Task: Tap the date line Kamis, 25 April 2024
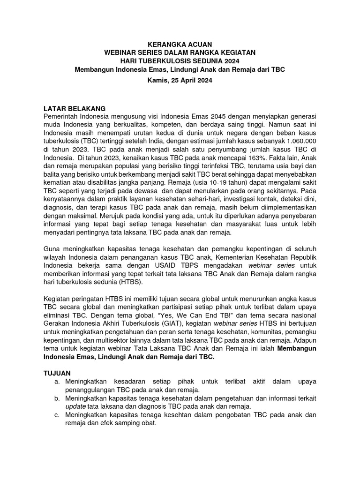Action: pyautogui.click(x=180, y=80)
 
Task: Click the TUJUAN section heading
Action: pyautogui.click(x=57, y=373)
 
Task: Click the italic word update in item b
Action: pyautogui.click(x=75, y=406)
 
